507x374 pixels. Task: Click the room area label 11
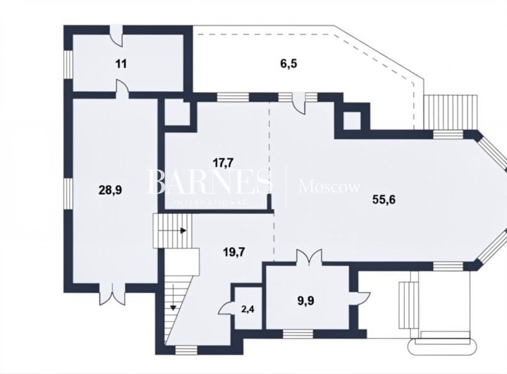121,64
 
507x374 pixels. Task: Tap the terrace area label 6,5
288,64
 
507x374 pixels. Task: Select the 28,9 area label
110,190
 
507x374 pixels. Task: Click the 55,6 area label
384,199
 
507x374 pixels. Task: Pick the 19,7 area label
234,252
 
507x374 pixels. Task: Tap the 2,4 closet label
248,309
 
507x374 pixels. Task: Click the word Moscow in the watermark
329,187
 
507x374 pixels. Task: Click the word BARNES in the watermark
209,182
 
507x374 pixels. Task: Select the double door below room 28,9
112,294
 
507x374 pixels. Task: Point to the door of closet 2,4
226,307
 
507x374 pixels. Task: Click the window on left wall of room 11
68,64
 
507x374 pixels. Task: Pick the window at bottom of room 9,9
298,334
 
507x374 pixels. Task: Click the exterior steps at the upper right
451,112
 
